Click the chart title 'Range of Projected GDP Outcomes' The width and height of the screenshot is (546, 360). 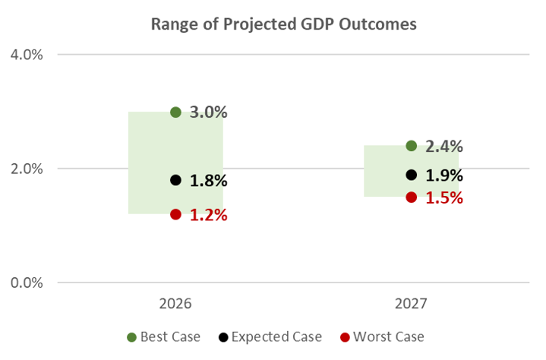point(283,24)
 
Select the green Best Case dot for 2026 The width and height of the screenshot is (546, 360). point(175,112)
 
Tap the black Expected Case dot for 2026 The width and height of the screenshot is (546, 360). point(175,180)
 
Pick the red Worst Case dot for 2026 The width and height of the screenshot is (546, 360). point(175,214)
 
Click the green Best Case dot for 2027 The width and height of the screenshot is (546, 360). point(411,146)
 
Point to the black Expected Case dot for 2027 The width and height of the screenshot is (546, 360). point(411,175)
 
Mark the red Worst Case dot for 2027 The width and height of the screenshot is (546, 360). point(411,197)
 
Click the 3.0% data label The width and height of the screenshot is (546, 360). point(208,112)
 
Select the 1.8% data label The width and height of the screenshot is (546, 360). point(208,181)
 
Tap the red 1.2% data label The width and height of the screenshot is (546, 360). point(208,215)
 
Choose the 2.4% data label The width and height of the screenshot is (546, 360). point(444,147)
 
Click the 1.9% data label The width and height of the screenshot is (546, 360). point(444,175)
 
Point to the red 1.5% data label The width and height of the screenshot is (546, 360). point(444,197)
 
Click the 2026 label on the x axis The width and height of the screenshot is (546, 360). point(175,304)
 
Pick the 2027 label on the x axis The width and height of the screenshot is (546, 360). point(411,304)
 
